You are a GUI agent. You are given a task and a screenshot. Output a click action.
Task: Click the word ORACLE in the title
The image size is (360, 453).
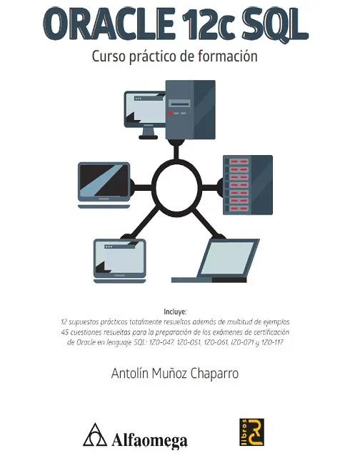109,24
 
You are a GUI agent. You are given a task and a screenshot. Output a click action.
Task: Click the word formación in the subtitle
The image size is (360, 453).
228,56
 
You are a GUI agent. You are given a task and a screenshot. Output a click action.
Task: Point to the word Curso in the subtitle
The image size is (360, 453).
109,56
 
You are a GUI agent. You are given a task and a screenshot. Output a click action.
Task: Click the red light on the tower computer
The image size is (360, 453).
171,113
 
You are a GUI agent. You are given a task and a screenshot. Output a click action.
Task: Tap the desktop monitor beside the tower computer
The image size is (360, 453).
145,114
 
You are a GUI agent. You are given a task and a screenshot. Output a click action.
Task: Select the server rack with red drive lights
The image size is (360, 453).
248,185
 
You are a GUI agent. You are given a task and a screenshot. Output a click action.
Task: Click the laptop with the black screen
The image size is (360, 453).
104,185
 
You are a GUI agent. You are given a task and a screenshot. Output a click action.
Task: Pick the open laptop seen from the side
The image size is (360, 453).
216,261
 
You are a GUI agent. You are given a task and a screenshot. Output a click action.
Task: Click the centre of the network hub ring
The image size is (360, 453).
176,188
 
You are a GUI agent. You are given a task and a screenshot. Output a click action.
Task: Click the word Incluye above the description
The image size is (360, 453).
175,312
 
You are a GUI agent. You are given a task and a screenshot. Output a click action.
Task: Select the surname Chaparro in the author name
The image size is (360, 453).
214,373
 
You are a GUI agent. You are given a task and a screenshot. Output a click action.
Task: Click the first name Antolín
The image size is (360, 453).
130,373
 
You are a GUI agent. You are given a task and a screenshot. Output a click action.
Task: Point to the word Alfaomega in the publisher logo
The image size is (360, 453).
149,441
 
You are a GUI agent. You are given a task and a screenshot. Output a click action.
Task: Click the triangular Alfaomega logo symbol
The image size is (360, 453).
95,434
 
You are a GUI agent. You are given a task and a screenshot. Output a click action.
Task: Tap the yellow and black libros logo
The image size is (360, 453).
251,432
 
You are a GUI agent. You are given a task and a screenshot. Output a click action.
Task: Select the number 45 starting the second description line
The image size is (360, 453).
65,332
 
